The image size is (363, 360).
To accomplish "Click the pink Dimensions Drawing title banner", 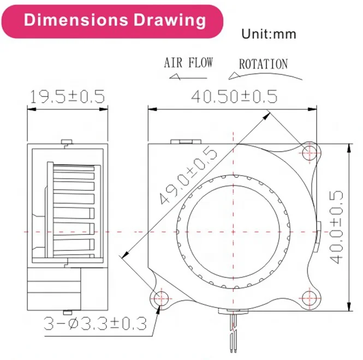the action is click(x=112, y=21).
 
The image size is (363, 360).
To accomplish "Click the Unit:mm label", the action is click(x=269, y=34).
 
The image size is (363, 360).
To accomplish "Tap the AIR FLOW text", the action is click(x=188, y=63).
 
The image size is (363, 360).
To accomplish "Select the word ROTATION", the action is click(x=264, y=64).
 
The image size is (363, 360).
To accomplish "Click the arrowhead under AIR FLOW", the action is click(x=175, y=77).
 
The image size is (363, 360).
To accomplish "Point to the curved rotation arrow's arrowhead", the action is click(x=234, y=76).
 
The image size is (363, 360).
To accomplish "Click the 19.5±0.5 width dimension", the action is click(x=67, y=97).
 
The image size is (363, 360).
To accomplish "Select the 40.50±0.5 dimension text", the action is click(x=234, y=96).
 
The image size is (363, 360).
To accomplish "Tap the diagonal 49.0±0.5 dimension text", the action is click(x=189, y=175).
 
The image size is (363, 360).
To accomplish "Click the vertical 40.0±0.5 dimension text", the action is click(x=336, y=227).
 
